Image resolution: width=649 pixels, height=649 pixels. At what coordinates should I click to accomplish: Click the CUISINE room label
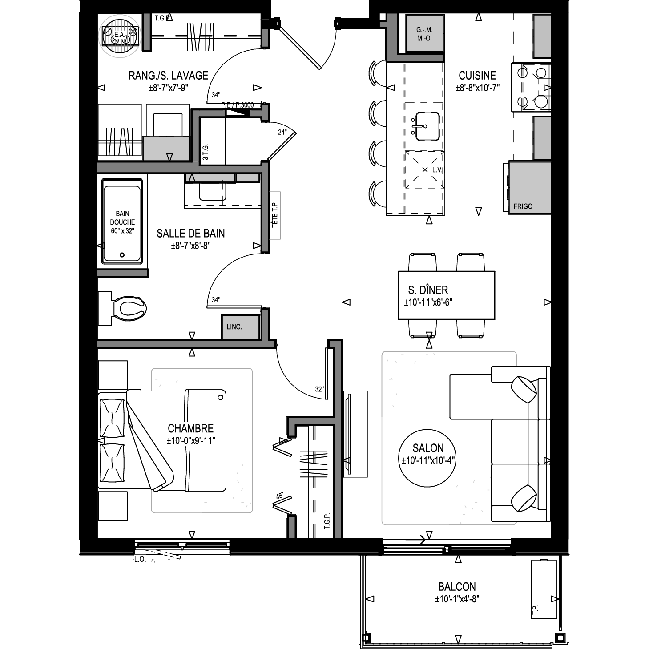(x=477, y=76)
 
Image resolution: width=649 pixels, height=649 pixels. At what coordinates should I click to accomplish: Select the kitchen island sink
(x=427, y=126)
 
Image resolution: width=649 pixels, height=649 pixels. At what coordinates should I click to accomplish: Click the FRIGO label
(x=523, y=206)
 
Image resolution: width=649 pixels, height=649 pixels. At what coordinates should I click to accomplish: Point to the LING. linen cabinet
(x=241, y=327)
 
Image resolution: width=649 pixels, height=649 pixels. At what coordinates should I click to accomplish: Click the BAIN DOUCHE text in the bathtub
(x=122, y=218)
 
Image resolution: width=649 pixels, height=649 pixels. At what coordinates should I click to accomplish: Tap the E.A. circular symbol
(x=120, y=36)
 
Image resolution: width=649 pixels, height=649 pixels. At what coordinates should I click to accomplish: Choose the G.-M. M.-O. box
(x=424, y=33)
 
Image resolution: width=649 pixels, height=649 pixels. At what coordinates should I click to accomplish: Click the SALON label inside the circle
(x=428, y=448)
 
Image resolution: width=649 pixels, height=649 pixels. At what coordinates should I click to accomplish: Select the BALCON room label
(x=457, y=587)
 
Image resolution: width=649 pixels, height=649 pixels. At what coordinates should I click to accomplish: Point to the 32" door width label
(x=319, y=389)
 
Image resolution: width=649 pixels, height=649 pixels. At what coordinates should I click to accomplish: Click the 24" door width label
(x=282, y=132)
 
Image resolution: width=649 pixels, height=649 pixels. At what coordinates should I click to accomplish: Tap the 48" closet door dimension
(x=280, y=496)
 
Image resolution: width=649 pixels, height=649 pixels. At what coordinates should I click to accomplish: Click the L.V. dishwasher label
(x=437, y=170)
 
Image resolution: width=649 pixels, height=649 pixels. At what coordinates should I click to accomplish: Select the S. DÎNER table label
(x=428, y=290)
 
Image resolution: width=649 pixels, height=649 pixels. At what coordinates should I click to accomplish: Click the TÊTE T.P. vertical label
(x=275, y=214)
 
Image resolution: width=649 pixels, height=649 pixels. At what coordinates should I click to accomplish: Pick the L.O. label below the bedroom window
(x=140, y=560)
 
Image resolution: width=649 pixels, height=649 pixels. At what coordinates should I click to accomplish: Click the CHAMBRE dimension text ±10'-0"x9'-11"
(x=191, y=440)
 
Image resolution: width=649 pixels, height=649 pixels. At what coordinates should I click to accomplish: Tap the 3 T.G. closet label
(x=206, y=152)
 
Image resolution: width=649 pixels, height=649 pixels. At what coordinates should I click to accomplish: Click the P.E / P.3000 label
(x=238, y=105)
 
